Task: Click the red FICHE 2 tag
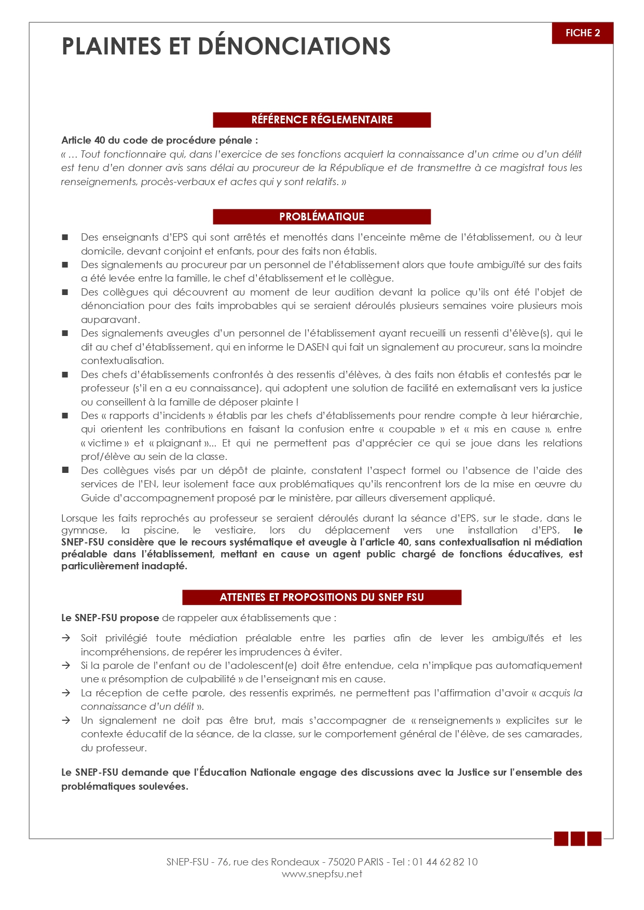click(x=582, y=33)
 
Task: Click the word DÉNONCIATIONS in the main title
click(x=294, y=46)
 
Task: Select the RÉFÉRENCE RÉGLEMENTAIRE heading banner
click(x=322, y=120)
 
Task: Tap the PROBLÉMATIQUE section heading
click(x=322, y=217)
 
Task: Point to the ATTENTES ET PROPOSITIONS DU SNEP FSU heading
click(x=322, y=597)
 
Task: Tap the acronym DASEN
click(x=313, y=347)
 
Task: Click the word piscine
click(x=161, y=530)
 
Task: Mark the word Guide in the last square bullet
click(x=94, y=498)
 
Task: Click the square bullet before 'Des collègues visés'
click(x=65, y=470)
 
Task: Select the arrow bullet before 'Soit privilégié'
click(x=66, y=638)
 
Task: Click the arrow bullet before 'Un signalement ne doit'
click(x=66, y=721)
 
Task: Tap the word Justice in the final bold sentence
click(x=473, y=773)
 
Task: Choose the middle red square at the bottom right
click(x=578, y=838)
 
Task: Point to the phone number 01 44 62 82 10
click(x=445, y=862)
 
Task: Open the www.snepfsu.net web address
click(x=322, y=874)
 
